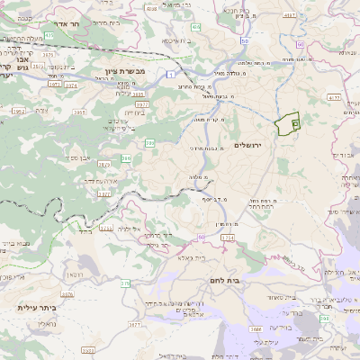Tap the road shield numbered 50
tap(244, 42)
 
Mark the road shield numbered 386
tap(127, 158)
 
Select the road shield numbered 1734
tap(228, 236)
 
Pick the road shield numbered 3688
tap(257, 330)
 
